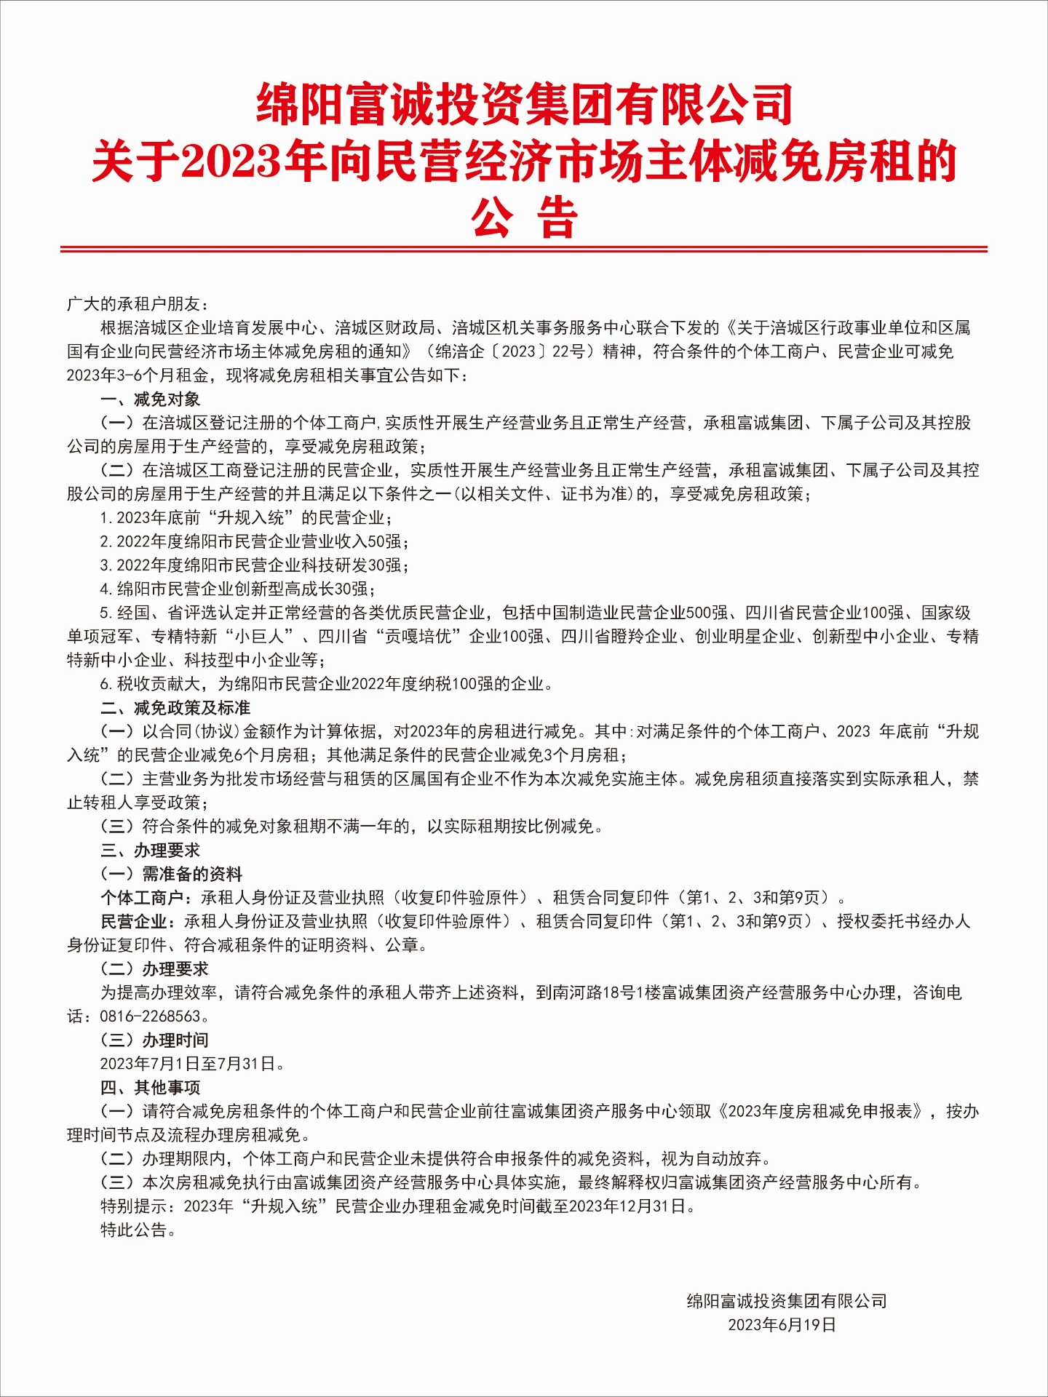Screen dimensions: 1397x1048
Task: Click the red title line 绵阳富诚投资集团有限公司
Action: [x=524, y=104]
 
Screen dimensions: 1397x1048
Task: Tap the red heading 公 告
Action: [x=524, y=218]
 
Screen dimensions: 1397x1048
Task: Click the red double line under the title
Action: [x=524, y=249]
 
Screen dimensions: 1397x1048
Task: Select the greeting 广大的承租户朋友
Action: [x=138, y=303]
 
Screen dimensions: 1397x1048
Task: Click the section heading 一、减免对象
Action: [x=150, y=399]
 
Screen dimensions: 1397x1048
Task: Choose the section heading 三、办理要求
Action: [x=150, y=850]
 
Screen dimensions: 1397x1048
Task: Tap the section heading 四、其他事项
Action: [x=150, y=1087]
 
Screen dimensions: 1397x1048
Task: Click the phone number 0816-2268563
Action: [x=150, y=1016]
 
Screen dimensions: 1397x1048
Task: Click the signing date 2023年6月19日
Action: [x=782, y=1324]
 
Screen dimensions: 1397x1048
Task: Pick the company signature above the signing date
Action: [x=787, y=1300]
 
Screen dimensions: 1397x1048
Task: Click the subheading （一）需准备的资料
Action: [x=172, y=874]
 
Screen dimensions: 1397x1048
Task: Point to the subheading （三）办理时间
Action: [x=155, y=1040]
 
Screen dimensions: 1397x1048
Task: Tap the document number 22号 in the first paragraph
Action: [x=568, y=351]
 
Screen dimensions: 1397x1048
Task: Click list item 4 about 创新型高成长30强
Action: [x=237, y=589]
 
